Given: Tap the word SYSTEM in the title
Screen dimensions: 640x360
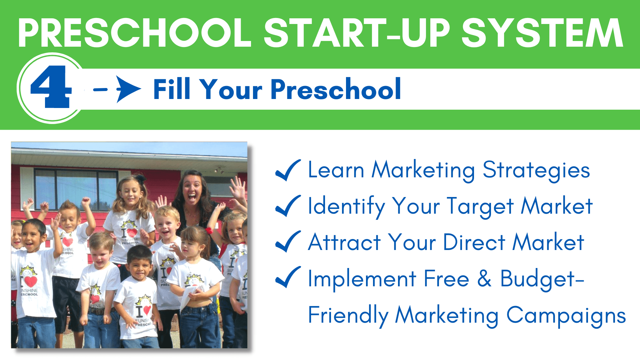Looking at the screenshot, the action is tap(542, 33).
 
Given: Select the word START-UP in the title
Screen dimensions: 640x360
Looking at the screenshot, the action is tap(357, 33).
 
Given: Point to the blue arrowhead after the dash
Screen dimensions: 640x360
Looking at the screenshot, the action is tap(128, 89).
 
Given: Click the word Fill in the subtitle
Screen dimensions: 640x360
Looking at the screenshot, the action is tap(172, 89).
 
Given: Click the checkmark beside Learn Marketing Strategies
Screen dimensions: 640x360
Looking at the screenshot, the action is tap(288, 170).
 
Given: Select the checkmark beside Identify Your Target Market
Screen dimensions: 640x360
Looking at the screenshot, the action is tap(288, 206).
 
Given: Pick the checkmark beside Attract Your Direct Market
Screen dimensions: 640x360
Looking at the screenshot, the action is tap(288, 242).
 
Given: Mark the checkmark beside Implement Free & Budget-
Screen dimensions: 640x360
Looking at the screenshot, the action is tap(288, 277).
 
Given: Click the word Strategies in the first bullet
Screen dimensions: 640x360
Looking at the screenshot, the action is tap(536, 171).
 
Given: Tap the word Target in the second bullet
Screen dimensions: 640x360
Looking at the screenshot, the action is tap(480, 207).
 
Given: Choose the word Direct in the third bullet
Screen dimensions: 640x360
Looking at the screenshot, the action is tap(474, 242).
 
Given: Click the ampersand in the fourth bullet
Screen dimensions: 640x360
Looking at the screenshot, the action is tap(484, 278).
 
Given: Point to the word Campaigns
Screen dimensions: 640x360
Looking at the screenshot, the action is tap(566, 316).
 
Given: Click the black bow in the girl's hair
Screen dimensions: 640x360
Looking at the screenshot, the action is tap(140, 179).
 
